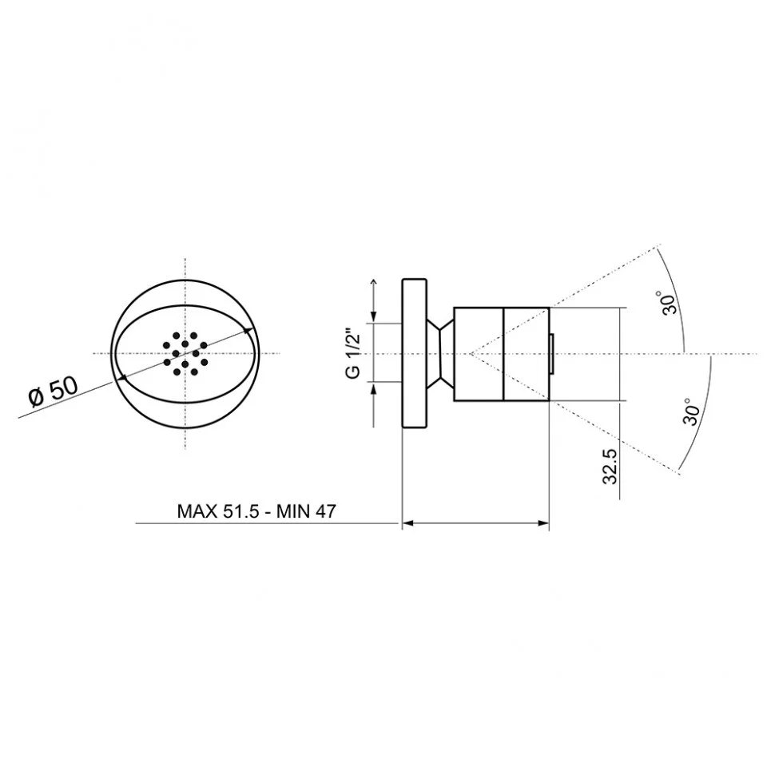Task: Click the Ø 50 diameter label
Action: point(54,391)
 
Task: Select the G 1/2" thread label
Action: point(354,352)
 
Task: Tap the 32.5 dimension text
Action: point(610,466)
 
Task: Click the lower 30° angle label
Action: point(691,411)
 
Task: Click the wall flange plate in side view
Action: point(414,353)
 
